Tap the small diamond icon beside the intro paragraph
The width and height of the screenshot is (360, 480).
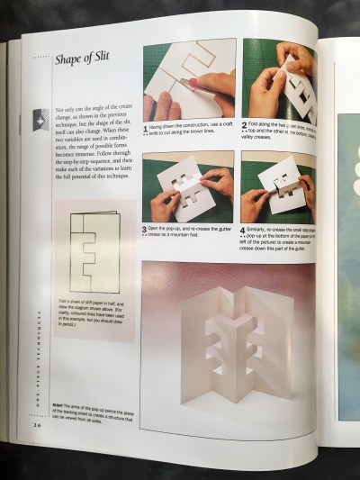[x=40, y=119]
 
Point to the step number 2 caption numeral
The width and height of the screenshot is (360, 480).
[x=245, y=126]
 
